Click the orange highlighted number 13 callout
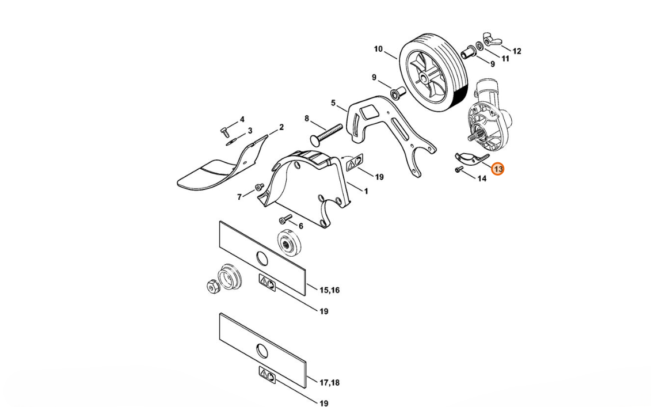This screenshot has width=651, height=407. point(497,169)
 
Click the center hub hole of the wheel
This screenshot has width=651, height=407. point(424,78)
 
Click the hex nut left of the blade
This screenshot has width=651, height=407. point(212,286)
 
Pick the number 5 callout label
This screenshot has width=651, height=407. point(333,102)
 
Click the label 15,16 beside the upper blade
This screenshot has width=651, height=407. point(329,290)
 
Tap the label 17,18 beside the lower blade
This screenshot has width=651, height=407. point(329,382)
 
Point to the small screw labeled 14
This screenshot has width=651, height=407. point(459,169)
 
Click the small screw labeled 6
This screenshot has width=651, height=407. point(285,218)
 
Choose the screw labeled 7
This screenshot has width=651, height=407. point(260,188)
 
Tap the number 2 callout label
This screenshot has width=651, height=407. point(281,127)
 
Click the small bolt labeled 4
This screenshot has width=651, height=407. point(224,131)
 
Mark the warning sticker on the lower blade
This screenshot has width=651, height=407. point(267,375)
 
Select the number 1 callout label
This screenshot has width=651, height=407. point(366,192)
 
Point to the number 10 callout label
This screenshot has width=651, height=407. point(378,49)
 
